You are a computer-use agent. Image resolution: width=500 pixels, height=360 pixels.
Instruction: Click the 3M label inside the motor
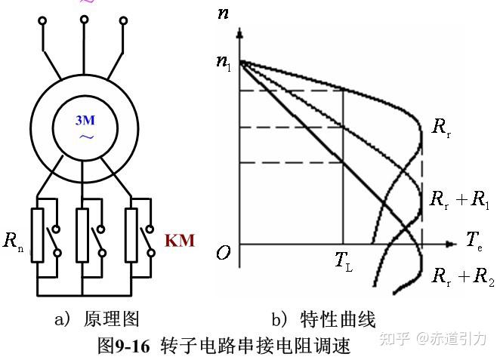point(85,121)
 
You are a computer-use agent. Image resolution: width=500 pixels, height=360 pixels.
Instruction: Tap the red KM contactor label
point(180,241)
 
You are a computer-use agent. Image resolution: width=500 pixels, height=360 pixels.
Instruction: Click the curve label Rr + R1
point(458,200)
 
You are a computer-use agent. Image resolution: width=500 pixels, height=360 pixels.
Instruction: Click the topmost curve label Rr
point(441,126)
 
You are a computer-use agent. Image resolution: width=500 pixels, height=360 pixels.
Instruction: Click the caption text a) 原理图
point(96,319)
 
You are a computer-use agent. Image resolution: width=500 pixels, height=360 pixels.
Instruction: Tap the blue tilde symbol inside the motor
point(85,137)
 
